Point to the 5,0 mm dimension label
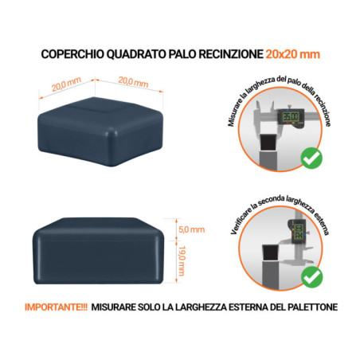pyautogui.click(x=193, y=229)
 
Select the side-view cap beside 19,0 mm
pyautogui.click(x=101, y=251)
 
